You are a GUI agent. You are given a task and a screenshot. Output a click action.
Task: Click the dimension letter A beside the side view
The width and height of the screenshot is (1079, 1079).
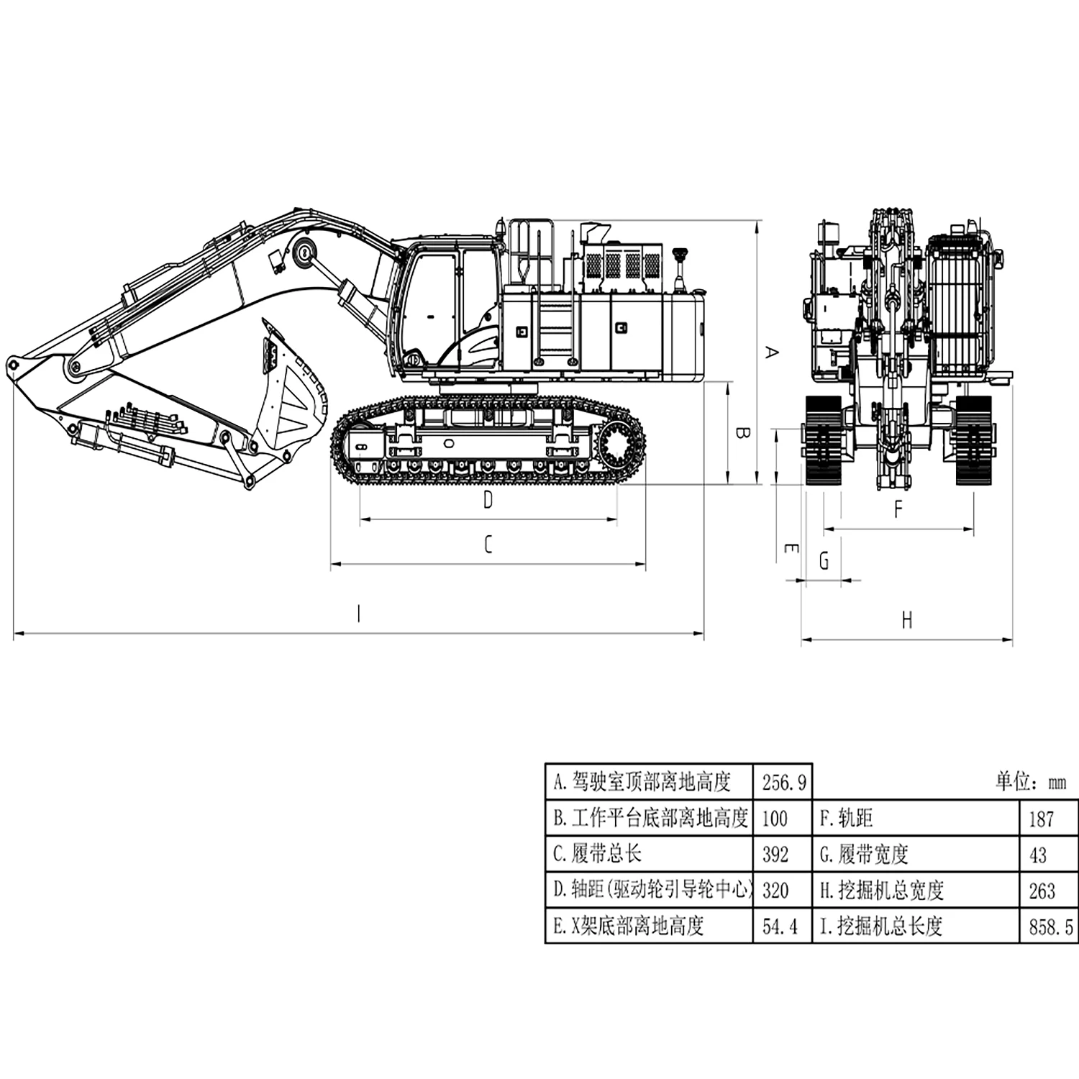(771, 352)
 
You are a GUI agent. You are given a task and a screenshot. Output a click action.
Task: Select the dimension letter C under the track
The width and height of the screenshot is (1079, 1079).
(488, 545)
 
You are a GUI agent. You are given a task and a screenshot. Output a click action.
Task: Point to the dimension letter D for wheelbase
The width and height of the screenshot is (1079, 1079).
(488, 499)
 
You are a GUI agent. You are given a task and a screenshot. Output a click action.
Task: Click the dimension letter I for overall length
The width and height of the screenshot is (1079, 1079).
(359, 614)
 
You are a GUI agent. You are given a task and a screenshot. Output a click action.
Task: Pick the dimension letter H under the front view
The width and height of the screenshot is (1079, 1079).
(907, 620)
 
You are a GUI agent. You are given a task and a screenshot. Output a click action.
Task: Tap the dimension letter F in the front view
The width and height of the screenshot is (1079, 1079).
(898, 509)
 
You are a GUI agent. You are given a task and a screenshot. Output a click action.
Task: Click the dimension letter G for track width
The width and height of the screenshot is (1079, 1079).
(824, 560)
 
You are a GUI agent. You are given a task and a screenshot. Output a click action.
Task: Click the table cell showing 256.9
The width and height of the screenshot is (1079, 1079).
(783, 782)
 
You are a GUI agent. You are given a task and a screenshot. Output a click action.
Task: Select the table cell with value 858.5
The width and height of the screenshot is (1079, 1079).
(1050, 927)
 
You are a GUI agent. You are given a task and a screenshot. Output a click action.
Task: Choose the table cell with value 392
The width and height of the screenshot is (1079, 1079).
(775, 855)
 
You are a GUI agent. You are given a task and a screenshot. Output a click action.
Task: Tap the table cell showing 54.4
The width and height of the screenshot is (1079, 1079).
(780, 927)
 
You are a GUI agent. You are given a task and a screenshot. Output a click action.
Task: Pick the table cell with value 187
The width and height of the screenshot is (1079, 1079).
(1041, 819)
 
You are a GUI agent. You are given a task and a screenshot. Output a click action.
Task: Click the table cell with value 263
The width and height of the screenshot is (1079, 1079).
(1042, 891)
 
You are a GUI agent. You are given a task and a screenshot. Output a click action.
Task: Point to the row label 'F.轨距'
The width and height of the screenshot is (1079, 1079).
(846, 819)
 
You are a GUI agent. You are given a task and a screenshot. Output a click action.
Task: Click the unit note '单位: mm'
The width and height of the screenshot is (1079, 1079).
(1030, 782)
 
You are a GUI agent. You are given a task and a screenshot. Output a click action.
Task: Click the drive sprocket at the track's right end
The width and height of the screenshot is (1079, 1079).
(619, 450)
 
